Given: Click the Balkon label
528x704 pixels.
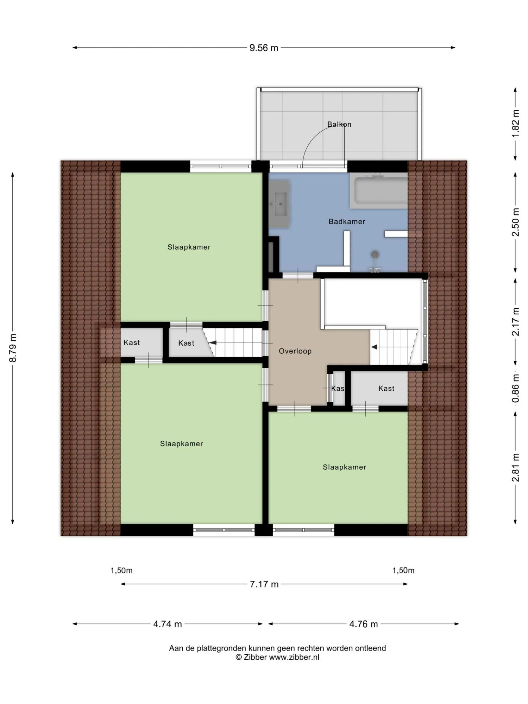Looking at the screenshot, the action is (x=339, y=124).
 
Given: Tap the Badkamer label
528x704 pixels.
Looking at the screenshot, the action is (x=347, y=221).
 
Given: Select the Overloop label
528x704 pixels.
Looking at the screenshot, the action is (x=295, y=351).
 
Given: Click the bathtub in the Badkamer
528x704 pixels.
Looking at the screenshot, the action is (x=379, y=191).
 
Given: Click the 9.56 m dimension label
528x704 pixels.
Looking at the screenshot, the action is (x=264, y=48).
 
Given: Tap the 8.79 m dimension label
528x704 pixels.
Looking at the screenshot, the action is (x=13, y=348).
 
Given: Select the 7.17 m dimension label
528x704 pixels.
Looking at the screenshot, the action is (x=264, y=584).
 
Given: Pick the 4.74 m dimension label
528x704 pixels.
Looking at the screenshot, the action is (x=168, y=624).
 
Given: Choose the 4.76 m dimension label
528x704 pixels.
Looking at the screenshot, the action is (x=363, y=624).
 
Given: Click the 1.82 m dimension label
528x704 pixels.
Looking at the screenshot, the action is (x=515, y=124).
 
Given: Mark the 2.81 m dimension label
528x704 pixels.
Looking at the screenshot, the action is (x=515, y=467).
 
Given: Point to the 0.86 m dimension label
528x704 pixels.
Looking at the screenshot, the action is (x=515, y=388).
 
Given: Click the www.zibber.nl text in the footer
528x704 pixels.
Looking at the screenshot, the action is (x=294, y=657).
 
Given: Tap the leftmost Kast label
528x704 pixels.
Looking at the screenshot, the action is (x=132, y=342).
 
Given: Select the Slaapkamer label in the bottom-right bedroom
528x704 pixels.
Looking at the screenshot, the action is (x=344, y=467).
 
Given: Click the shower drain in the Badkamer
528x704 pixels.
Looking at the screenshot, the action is (x=375, y=254).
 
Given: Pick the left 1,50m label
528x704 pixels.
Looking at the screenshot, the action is (x=121, y=571).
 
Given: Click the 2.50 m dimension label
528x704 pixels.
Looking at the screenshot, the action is (x=515, y=222).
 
